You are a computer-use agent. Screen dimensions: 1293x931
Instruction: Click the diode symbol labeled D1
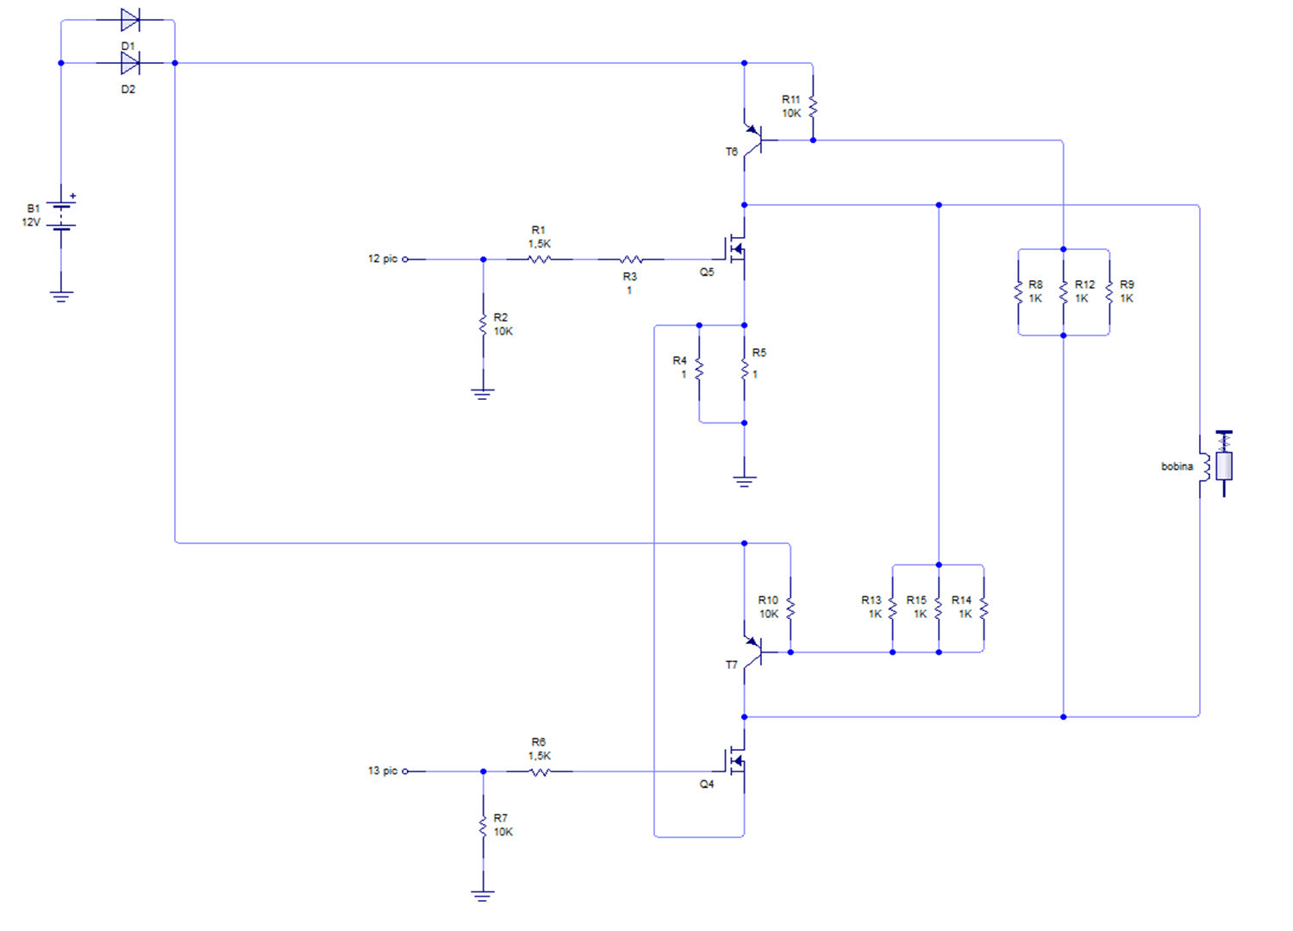pyautogui.click(x=130, y=20)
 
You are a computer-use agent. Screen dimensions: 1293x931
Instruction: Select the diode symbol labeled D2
pyautogui.click(x=130, y=63)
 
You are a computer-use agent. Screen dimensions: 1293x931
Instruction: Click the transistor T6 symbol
pyautogui.click(x=754, y=140)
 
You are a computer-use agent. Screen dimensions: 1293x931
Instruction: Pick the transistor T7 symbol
pyautogui.click(x=754, y=652)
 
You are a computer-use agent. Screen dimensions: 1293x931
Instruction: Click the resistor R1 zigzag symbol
pyautogui.click(x=539, y=259)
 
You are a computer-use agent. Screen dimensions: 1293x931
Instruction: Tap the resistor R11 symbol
pyautogui.click(x=813, y=106)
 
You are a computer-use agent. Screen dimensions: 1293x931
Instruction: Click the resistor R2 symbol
pyautogui.click(x=483, y=325)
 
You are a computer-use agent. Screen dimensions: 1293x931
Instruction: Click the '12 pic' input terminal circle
pyautogui.click(x=405, y=259)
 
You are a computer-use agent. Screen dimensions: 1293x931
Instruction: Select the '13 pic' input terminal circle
pyautogui.click(x=405, y=772)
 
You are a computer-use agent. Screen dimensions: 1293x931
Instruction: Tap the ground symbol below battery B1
pyautogui.click(x=61, y=297)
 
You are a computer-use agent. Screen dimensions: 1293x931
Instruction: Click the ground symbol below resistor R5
pyautogui.click(x=744, y=481)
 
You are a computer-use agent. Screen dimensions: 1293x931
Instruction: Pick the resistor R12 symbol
pyautogui.click(x=1063, y=292)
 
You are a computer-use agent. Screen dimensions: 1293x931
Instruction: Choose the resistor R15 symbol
pyautogui.click(x=939, y=609)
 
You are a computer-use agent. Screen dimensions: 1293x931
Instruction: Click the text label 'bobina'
pyautogui.click(x=1177, y=466)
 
